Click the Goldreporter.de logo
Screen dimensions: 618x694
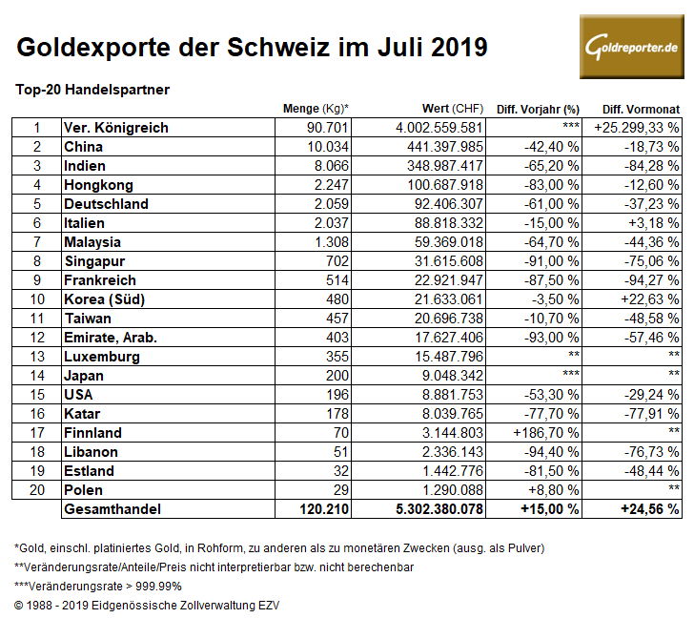(631, 48)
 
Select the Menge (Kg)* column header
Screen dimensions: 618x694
(316, 109)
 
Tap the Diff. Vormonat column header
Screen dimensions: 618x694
(636, 109)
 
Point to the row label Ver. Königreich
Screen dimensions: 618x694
(115, 128)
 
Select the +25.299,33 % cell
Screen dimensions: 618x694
(636, 128)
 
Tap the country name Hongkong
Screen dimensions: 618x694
(98, 185)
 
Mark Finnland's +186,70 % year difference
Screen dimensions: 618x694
(549, 433)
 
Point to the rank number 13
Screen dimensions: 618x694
(37, 357)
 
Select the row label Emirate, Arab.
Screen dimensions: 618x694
(111, 338)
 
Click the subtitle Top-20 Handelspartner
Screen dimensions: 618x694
(92, 90)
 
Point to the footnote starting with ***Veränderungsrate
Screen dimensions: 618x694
(98, 586)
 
